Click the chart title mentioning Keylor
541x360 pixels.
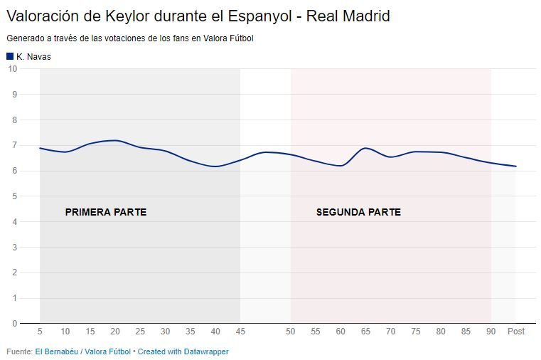(x=198, y=16)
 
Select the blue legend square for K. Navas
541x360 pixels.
(x=10, y=56)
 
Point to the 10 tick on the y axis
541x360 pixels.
(x=12, y=69)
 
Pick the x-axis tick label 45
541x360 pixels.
(x=240, y=332)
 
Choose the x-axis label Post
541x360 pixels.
(x=515, y=332)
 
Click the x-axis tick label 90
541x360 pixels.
(x=491, y=332)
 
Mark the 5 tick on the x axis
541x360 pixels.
(x=40, y=332)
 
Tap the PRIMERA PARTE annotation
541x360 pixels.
(x=105, y=212)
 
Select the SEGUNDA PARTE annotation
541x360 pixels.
(x=358, y=212)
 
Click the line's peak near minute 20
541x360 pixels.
(x=115, y=140)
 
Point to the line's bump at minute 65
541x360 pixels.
(x=365, y=148)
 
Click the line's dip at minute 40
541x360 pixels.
(x=215, y=166)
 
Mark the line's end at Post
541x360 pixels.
(x=515, y=166)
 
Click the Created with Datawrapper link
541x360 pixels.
(x=183, y=351)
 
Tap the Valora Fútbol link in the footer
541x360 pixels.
(x=107, y=351)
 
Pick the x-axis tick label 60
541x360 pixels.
(x=341, y=332)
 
